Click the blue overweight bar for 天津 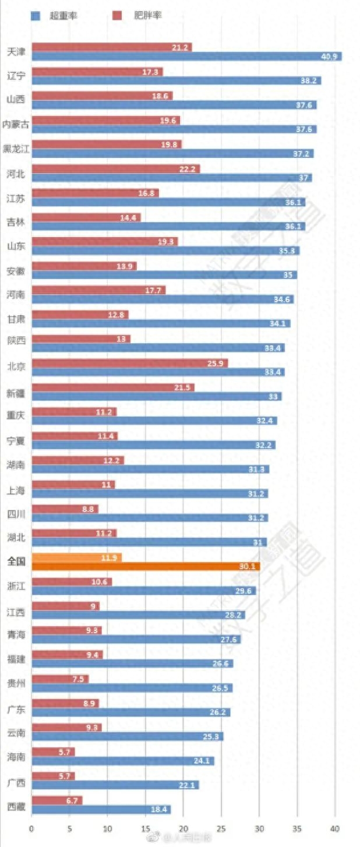pyautogui.click(x=186, y=57)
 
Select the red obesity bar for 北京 pyautogui.click(x=129, y=363)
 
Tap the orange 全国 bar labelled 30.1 pyautogui.click(x=146, y=566)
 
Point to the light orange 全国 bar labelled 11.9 pyautogui.click(x=76, y=557)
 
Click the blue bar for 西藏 pyautogui.click(x=101, y=809)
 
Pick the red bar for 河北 pyautogui.click(x=115, y=168)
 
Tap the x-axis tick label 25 pyautogui.click(x=221, y=827)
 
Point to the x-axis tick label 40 pyautogui.click(x=335, y=827)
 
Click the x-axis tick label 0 pyautogui.click(x=31, y=827)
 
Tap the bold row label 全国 pyautogui.click(x=16, y=562)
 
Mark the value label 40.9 pyautogui.click(x=329, y=57)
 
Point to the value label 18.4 pyautogui.click(x=159, y=809)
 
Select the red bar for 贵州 pyautogui.click(x=60, y=679)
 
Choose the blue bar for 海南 pyautogui.click(x=122, y=761)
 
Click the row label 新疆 pyautogui.click(x=16, y=391)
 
